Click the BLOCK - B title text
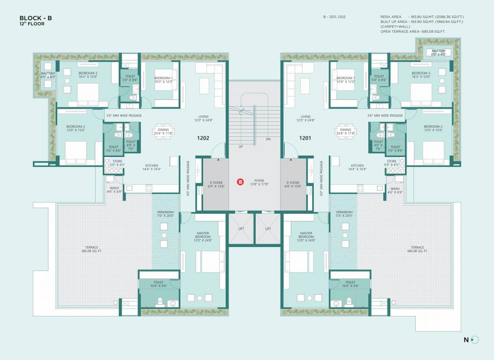click(36, 18)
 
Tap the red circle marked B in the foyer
click(240, 182)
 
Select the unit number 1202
click(203, 138)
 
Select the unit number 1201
click(305, 138)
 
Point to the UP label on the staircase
click(241, 146)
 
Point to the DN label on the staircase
click(268, 139)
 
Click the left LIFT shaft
click(241, 229)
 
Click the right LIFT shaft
click(268, 229)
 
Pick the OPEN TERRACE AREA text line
click(413, 31)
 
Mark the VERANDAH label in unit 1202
click(165, 214)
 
